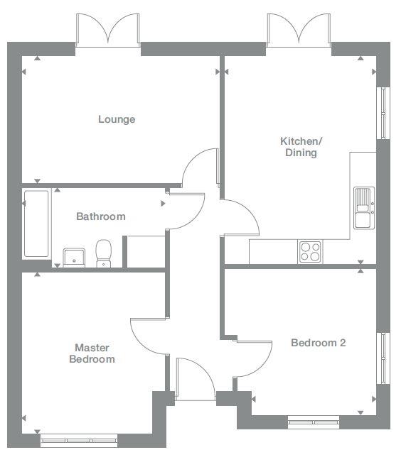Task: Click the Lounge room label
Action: (x=117, y=119)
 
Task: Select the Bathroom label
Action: (x=101, y=216)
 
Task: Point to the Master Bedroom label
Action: (x=92, y=353)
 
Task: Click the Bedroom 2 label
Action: (x=318, y=343)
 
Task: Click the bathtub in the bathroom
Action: (x=36, y=224)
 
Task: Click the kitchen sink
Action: (x=364, y=208)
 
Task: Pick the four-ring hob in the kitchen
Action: (x=310, y=251)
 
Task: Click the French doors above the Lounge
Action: (x=109, y=30)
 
